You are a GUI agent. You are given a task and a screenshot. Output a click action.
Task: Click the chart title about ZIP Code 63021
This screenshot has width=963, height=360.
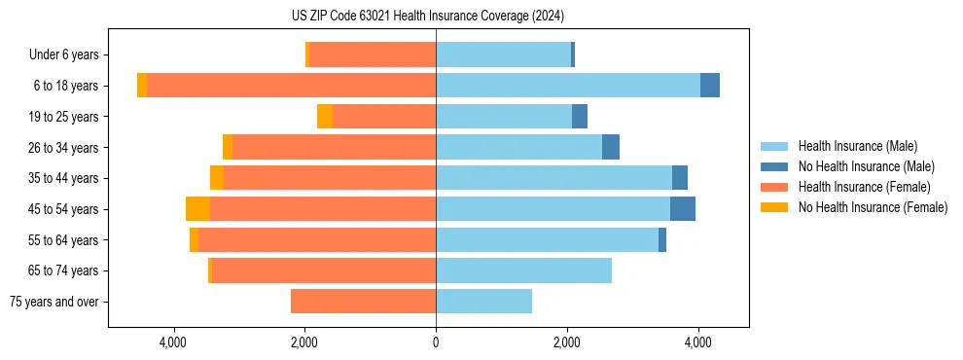click(x=427, y=17)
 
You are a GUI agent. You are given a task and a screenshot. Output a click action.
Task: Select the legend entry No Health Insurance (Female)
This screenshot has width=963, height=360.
click(x=872, y=207)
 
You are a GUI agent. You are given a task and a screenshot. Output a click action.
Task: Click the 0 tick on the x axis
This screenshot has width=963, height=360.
click(x=436, y=342)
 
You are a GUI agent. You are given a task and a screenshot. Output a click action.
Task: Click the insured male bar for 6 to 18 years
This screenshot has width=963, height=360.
click(x=568, y=86)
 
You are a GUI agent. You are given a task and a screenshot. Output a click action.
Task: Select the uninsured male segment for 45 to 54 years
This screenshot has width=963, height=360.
click(x=683, y=209)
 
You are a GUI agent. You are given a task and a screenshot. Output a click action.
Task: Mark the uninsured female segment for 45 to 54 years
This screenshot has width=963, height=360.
click(x=197, y=209)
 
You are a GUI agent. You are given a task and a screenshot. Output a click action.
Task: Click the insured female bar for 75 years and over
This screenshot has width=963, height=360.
click(x=364, y=302)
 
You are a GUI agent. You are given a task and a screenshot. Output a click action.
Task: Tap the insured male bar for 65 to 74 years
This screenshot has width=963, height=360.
click(x=523, y=270)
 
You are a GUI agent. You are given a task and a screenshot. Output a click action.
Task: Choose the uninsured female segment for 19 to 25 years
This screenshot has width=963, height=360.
click(x=325, y=117)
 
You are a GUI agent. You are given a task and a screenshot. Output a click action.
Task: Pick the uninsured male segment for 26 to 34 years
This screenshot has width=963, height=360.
click(x=611, y=147)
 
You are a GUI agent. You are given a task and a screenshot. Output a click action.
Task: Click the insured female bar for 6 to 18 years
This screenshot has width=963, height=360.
click(x=292, y=86)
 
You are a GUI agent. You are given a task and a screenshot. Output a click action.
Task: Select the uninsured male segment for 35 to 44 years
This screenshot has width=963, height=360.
click(x=680, y=178)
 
